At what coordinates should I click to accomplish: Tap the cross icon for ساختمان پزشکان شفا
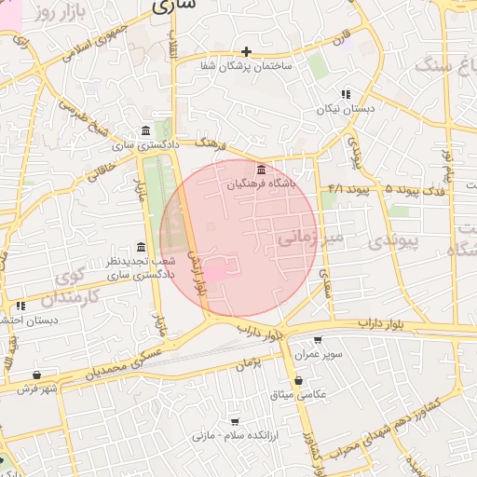pyautogui.click(x=246, y=51)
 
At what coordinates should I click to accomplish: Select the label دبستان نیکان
pyautogui.click(x=345, y=109)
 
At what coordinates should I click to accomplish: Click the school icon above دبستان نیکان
pyautogui.click(x=346, y=94)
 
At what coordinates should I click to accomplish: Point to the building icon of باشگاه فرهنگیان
pyautogui.click(x=260, y=170)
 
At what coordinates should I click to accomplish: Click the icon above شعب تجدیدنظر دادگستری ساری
pyautogui.click(x=141, y=247)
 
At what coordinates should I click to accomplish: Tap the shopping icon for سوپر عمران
pyautogui.click(x=319, y=341)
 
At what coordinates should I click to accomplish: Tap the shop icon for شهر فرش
pyautogui.click(x=36, y=375)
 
